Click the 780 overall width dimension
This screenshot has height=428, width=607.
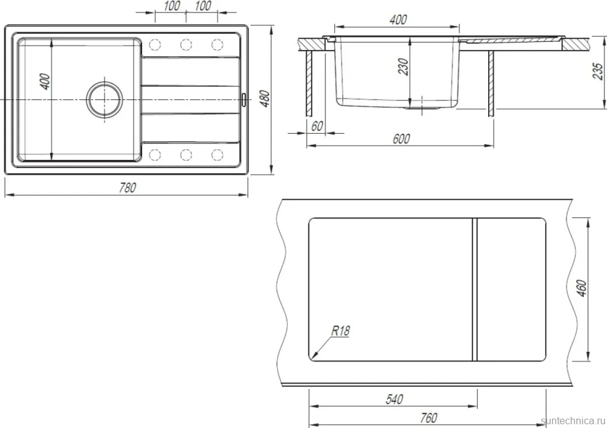(128, 187)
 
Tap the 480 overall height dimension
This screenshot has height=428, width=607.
(265, 99)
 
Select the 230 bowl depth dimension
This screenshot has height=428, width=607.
(403, 66)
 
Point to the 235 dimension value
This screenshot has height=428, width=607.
(598, 71)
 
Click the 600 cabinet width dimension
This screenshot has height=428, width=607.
(401, 139)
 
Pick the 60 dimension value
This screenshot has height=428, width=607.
(317, 126)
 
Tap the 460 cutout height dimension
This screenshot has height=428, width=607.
(581, 289)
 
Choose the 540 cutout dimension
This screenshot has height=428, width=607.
(394, 399)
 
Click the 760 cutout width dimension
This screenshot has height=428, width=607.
(428, 417)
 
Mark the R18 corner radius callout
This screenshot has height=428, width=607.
(340, 331)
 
